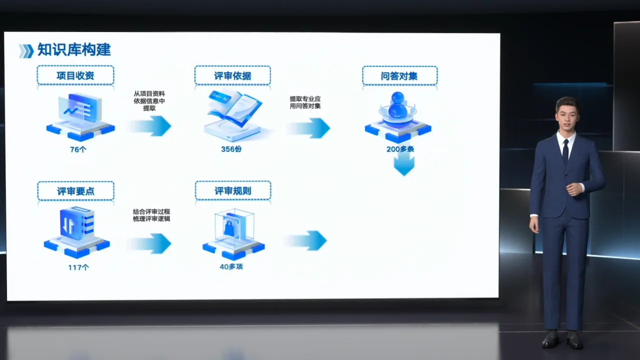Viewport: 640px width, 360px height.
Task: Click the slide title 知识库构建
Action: (74, 50)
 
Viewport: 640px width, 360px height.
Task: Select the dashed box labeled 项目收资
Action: (75, 75)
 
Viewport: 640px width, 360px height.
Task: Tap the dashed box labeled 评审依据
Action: (232, 75)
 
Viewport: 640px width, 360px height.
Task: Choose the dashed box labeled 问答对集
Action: (399, 75)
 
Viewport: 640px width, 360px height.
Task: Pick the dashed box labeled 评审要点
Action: (75, 191)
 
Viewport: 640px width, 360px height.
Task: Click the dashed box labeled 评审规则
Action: (233, 190)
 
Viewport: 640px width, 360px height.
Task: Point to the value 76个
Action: (78, 149)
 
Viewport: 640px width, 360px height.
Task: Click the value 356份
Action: (231, 149)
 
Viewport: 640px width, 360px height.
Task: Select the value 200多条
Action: (400, 149)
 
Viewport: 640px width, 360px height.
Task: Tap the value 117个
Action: (78, 267)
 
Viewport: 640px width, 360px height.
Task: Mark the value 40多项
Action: (231, 266)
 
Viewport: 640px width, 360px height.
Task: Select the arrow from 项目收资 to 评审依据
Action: (149, 126)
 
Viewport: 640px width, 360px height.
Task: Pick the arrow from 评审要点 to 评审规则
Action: (149, 243)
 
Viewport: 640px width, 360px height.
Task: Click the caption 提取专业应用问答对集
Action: (305, 102)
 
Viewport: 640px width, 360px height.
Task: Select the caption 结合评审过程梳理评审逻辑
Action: (151, 215)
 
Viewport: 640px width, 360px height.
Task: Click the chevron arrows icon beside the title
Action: (26, 51)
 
